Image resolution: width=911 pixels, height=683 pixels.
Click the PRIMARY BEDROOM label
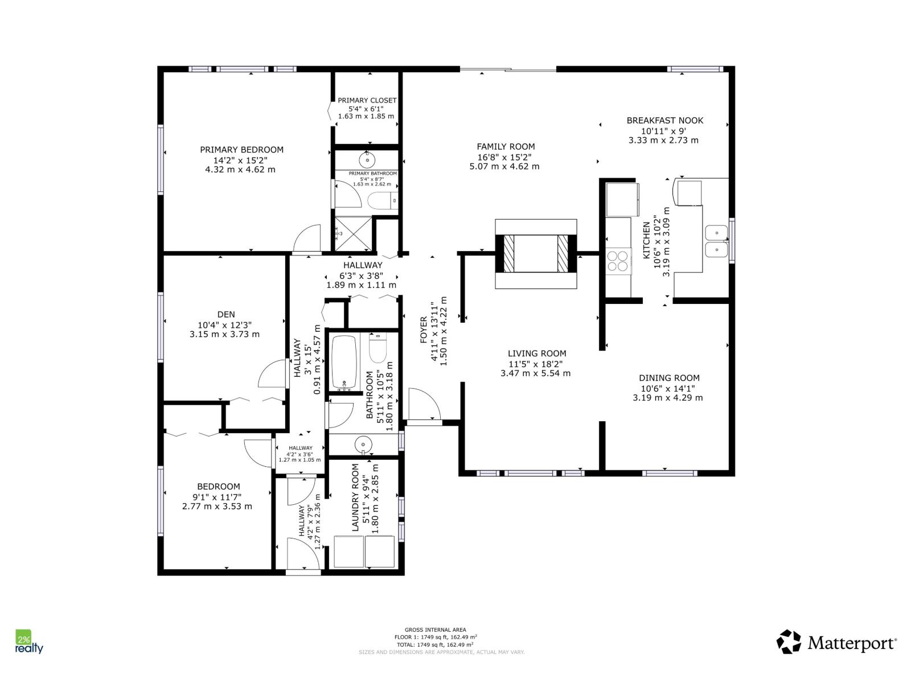point(241,150)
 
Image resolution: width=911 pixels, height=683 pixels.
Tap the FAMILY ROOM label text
point(506,146)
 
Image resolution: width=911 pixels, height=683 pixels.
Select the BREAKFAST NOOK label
point(664,120)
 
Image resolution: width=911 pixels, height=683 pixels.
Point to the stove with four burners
point(618,261)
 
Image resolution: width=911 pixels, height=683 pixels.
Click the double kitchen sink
point(716,241)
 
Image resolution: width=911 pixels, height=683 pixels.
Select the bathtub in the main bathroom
point(344,363)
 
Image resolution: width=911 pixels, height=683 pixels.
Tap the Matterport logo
point(836,643)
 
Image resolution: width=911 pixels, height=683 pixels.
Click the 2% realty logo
point(28,642)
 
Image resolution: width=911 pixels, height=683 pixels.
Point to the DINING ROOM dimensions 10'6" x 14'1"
point(667,388)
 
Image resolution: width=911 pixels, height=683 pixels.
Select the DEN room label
point(226,314)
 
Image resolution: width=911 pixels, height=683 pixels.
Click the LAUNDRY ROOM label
point(355,497)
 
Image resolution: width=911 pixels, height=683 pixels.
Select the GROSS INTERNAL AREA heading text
point(435,629)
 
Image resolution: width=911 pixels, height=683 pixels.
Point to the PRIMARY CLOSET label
point(367,100)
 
